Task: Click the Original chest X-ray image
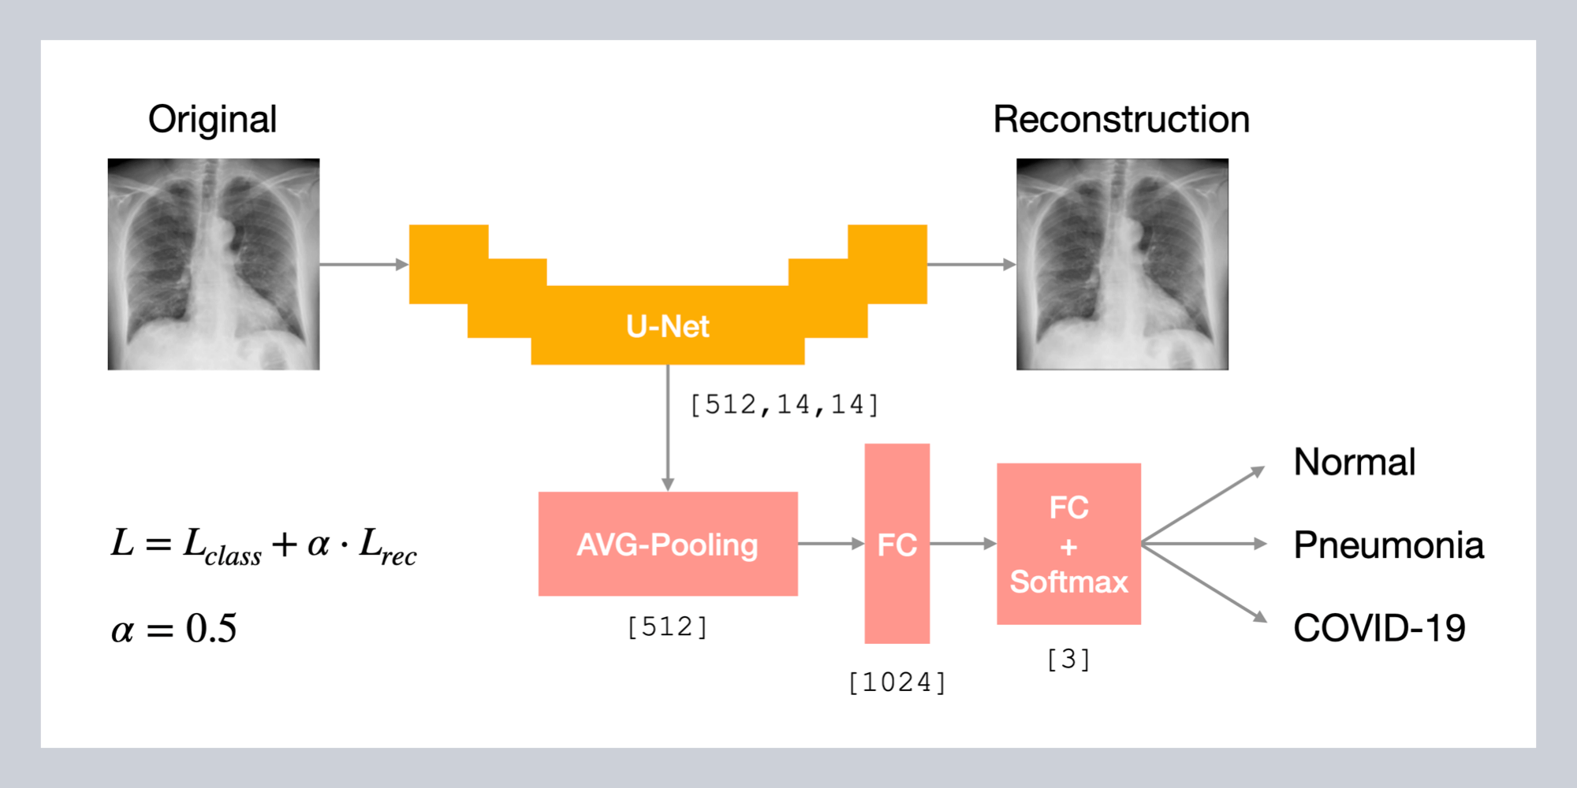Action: click(x=214, y=264)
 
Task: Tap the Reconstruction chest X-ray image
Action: click(x=1122, y=264)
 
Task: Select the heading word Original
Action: click(x=212, y=120)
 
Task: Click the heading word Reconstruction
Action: click(x=1121, y=120)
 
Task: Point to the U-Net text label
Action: click(x=667, y=326)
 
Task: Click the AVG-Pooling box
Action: click(x=667, y=544)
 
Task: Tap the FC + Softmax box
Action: click(x=1068, y=544)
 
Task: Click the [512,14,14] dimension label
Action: click(x=784, y=405)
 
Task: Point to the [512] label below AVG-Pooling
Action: click(x=667, y=627)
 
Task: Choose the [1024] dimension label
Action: click(x=897, y=682)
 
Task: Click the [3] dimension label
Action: click(x=1068, y=659)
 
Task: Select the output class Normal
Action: click(x=1355, y=462)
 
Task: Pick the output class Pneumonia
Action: click(x=1389, y=545)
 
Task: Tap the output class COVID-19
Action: click(x=1379, y=628)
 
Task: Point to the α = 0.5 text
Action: click(x=173, y=629)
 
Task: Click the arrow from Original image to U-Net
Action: click(x=363, y=265)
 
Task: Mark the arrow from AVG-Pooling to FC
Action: click(x=830, y=544)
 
